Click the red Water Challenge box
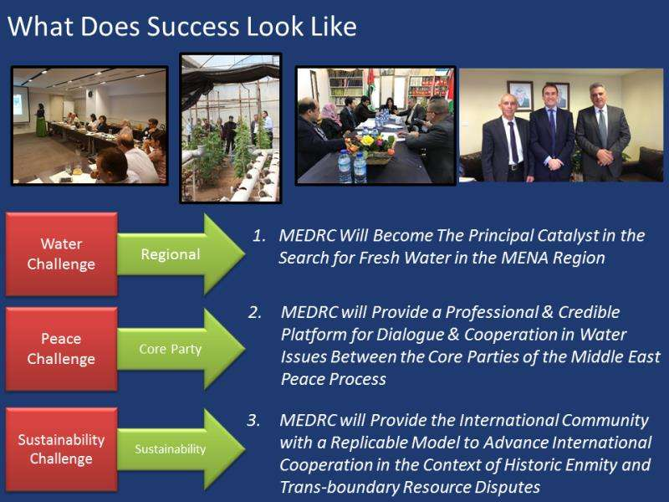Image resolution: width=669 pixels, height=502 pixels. [x=61, y=254]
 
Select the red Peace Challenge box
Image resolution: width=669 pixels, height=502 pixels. [x=61, y=349]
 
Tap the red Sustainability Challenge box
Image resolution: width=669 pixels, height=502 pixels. [x=61, y=449]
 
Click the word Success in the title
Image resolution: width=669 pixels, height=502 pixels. [x=193, y=27]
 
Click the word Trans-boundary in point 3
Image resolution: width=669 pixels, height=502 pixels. [x=340, y=487]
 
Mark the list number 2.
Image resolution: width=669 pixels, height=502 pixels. [x=255, y=313]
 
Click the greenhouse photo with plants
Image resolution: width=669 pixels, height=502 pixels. [x=231, y=128]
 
